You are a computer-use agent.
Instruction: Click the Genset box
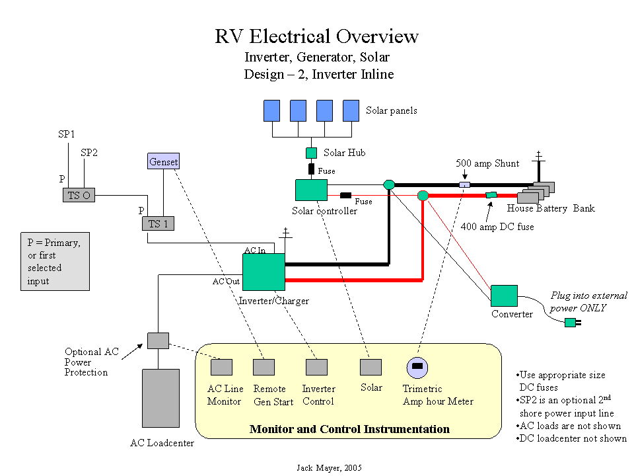point(163,161)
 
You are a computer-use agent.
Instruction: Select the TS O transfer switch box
point(81,195)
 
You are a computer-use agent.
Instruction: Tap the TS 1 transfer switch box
point(158,223)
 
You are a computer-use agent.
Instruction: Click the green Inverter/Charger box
point(264,272)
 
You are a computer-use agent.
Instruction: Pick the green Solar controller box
point(311,190)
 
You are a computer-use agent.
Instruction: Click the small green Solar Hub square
point(311,153)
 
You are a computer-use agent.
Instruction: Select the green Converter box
point(504,296)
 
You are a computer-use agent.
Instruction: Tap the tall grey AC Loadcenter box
point(160,398)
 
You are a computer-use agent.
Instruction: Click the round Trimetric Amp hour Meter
point(417,367)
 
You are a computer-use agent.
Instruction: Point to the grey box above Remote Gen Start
point(264,367)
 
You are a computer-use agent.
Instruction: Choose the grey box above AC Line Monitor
point(221,367)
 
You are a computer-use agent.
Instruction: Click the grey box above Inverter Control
point(316,367)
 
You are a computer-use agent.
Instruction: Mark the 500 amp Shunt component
point(464,184)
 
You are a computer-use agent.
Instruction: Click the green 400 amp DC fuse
point(491,195)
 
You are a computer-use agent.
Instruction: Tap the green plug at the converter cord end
point(571,323)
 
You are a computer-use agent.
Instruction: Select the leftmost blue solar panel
point(271,110)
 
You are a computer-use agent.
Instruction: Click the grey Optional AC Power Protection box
point(158,340)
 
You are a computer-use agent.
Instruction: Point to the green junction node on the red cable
point(423,195)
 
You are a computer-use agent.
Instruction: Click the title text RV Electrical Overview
point(316,36)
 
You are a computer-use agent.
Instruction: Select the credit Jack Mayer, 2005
point(328,467)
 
